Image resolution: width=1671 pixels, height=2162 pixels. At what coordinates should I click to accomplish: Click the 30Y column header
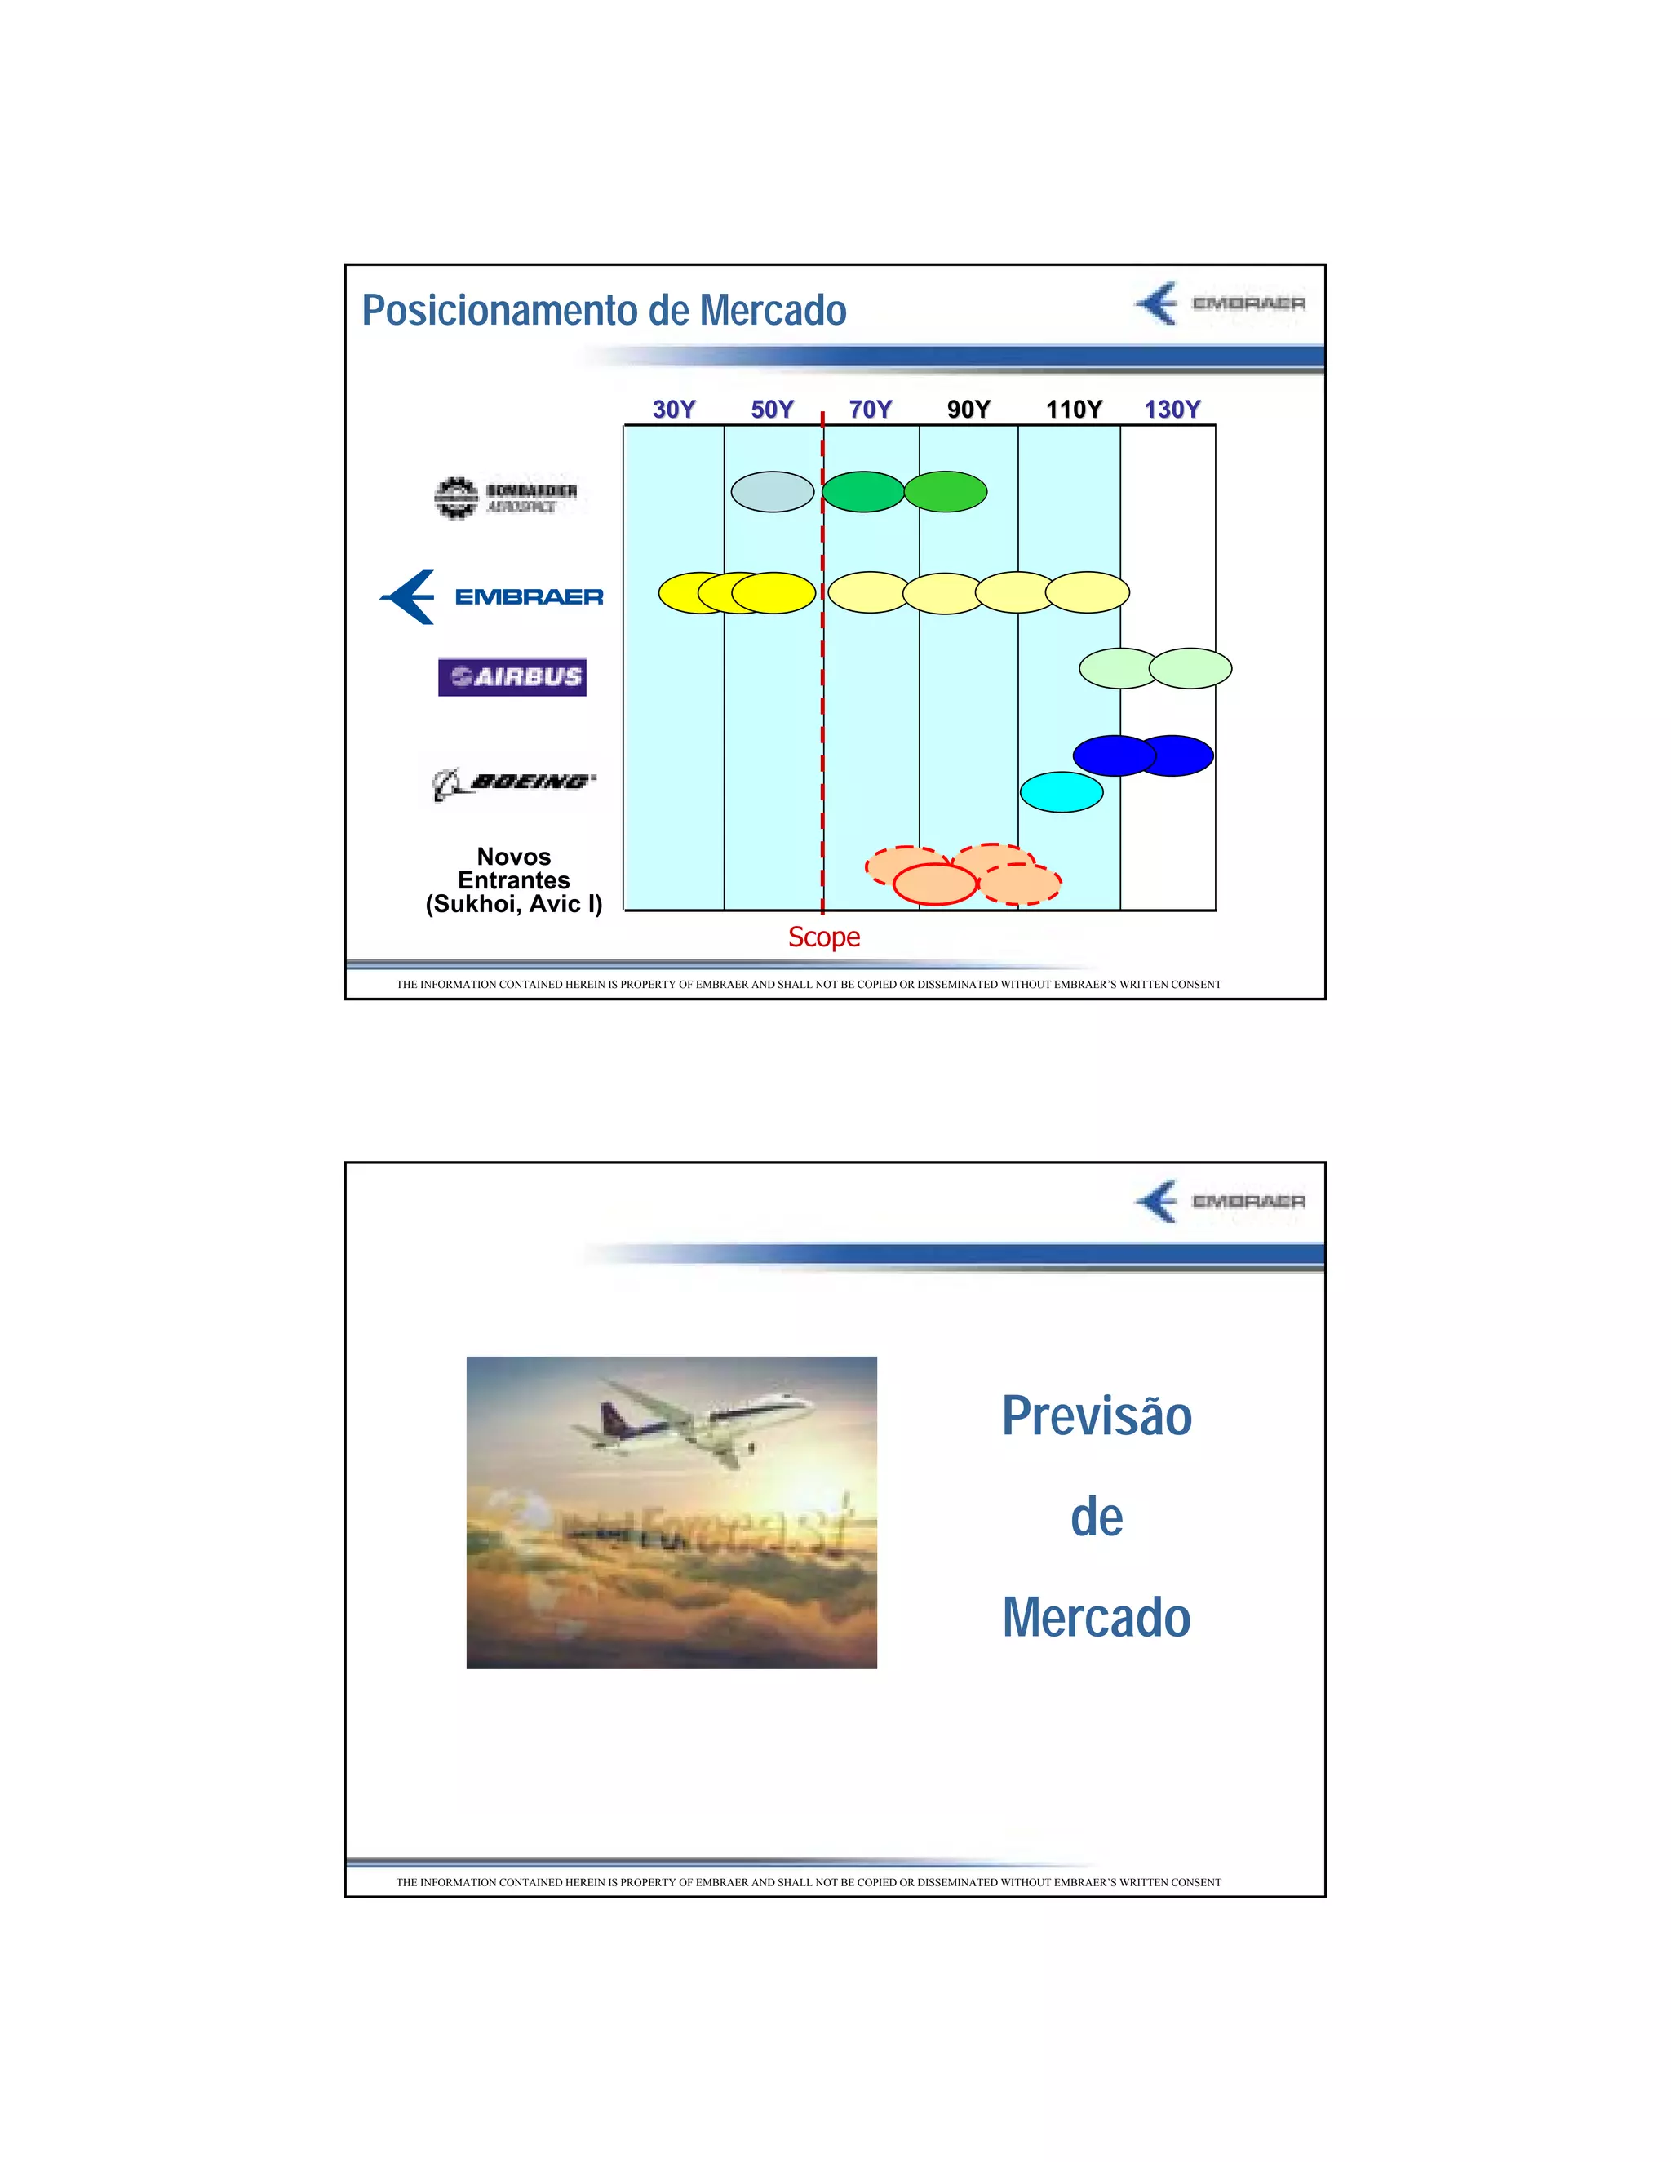pos(673,409)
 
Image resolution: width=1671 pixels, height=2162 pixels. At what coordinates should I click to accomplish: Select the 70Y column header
pos(870,409)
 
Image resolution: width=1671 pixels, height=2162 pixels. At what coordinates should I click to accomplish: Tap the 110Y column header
pos(1073,409)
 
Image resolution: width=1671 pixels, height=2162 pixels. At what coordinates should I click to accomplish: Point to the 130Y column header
pos(1172,409)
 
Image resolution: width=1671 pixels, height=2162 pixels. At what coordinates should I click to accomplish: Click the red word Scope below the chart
pos(823,937)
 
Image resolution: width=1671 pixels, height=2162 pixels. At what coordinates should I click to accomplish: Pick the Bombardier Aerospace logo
pos(506,497)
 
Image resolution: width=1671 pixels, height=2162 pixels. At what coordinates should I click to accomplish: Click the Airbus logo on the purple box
pos(512,677)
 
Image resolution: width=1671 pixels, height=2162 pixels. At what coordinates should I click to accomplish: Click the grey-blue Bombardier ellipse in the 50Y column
pos(772,491)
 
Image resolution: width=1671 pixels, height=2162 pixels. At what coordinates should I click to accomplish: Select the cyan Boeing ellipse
pos(1062,792)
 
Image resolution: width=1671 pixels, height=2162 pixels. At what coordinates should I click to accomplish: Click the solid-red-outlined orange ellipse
pos(934,884)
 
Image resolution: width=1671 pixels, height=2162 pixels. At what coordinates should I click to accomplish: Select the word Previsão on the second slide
pos(1096,1415)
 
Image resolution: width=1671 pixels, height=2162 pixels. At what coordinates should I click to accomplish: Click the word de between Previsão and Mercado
pos(1096,1517)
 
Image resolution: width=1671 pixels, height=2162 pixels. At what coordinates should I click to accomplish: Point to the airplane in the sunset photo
pos(693,1420)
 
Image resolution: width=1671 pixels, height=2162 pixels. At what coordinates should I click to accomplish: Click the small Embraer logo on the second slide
pos(1220,1201)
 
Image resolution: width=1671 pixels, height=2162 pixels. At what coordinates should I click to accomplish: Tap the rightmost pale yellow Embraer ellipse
pos(1087,592)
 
